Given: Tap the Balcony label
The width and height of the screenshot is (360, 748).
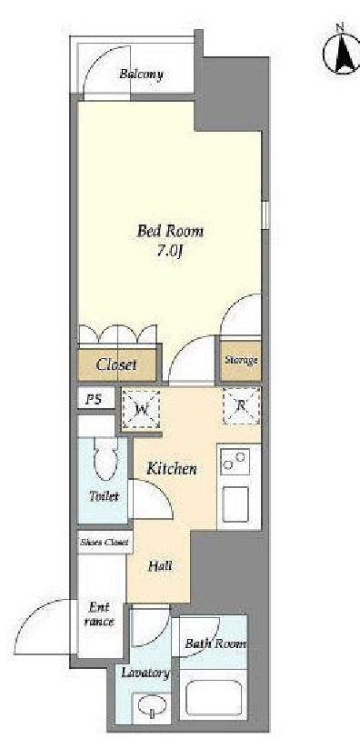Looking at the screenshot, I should pyautogui.click(x=141, y=75).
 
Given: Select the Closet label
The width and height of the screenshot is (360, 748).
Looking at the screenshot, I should pyautogui.click(x=116, y=365).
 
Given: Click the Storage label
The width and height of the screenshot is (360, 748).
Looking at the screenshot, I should pyautogui.click(x=241, y=360).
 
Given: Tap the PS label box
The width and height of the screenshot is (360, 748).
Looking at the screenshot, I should pyautogui.click(x=93, y=399).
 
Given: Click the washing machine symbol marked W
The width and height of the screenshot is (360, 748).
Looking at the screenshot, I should pyautogui.click(x=142, y=407).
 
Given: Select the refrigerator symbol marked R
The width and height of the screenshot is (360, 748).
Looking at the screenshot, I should pyautogui.click(x=241, y=404).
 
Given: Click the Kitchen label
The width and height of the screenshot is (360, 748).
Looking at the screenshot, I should pyautogui.click(x=173, y=469).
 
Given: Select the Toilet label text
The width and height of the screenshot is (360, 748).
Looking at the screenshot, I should pyautogui.click(x=104, y=497).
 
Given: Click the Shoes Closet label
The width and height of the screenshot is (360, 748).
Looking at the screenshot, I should pyautogui.click(x=104, y=543).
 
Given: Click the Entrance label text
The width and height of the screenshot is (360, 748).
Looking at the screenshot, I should pyautogui.click(x=100, y=614).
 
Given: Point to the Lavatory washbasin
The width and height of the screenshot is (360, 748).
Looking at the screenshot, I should pyautogui.click(x=147, y=706).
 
